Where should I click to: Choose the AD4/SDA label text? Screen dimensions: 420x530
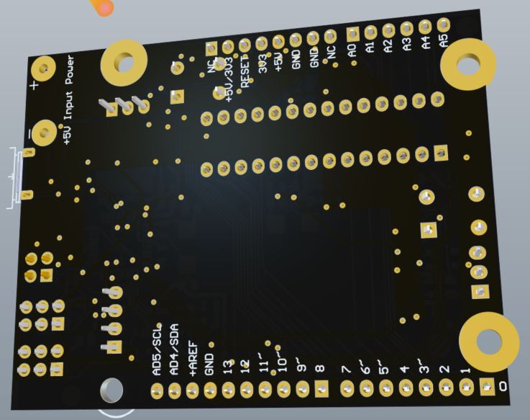click(x=174, y=352)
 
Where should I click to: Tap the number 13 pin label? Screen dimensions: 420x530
click(x=228, y=366)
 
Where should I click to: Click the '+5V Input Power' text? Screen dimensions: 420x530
click(x=69, y=99)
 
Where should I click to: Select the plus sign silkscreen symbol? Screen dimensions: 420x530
click(x=33, y=86)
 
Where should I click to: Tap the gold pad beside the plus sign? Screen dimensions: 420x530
click(x=44, y=68)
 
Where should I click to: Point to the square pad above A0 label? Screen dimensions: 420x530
click(x=353, y=34)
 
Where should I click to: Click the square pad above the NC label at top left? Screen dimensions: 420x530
click(x=211, y=48)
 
